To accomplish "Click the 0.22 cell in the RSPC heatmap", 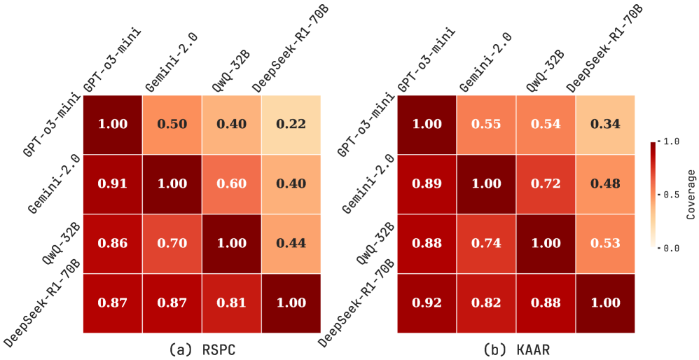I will [291, 124].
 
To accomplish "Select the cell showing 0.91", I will [113, 184].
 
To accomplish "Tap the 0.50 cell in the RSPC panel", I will [172, 124].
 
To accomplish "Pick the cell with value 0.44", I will [291, 243].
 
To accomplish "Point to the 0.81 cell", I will [231, 303].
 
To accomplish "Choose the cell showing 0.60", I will [231, 184].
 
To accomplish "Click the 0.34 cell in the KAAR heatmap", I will [605, 124].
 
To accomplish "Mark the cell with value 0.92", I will [427, 303].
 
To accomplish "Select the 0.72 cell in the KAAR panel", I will [546, 184].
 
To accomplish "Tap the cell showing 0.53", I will [605, 243].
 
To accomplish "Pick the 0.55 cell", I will [487, 124].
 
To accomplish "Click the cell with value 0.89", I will [427, 184].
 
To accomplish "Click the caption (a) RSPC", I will [203, 348].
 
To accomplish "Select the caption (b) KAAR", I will [518, 348].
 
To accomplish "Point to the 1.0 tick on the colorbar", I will [672, 141].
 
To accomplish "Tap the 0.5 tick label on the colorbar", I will [672, 194].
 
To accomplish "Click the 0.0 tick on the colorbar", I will [672, 247].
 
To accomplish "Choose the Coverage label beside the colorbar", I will [691, 194].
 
